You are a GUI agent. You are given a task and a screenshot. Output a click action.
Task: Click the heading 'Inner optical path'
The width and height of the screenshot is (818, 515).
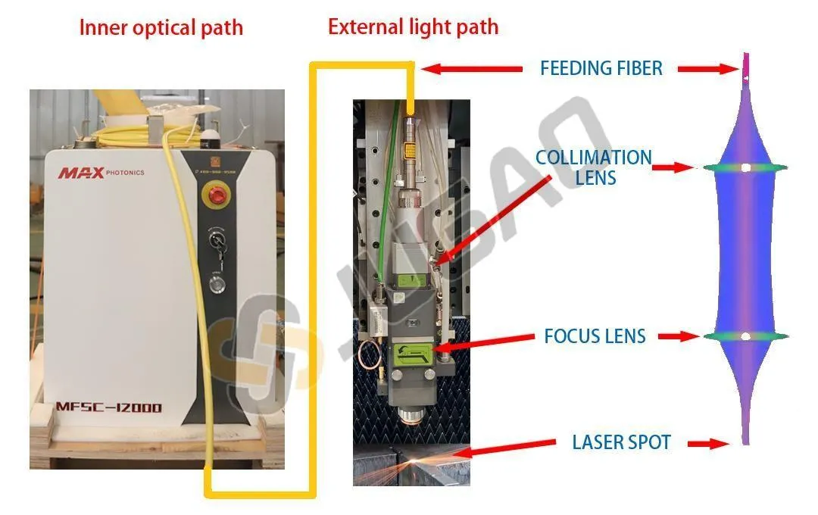[x=161, y=29]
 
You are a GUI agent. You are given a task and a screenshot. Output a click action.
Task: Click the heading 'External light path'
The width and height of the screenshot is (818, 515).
[x=413, y=27]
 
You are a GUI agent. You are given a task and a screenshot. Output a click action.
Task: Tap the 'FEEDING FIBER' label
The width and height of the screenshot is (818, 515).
[x=601, y=68]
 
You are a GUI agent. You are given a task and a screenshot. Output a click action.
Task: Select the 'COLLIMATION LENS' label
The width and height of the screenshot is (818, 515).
[x=594, y=167]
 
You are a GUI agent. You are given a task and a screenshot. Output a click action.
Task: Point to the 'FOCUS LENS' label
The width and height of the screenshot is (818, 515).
[x=595, y=336]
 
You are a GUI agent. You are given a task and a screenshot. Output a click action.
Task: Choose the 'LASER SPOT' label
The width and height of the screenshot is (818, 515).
[x=621, y=442]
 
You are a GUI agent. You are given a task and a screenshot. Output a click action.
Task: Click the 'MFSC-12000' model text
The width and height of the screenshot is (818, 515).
[x=109, y=407]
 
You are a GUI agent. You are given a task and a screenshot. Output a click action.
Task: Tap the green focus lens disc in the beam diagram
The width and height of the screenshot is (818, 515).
[x=746, y=336]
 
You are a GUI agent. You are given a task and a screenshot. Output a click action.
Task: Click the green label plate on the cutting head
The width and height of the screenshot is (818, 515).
[x=413, y=354]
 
